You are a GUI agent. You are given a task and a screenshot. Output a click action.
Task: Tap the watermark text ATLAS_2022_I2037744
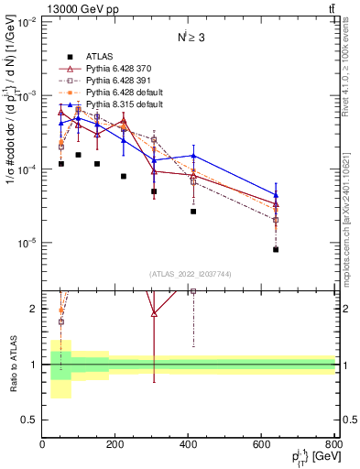[x=189, y=274]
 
